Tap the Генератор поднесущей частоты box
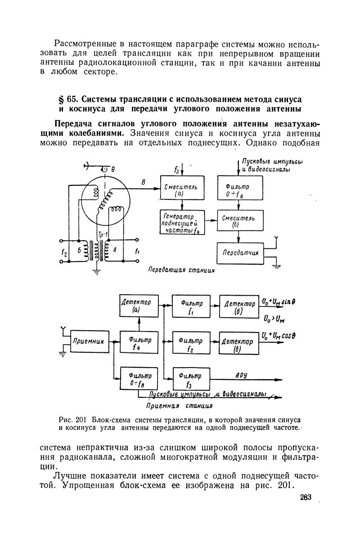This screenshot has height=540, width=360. [182, 221]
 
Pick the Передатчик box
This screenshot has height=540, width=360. [240, 253]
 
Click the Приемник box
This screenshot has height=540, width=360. [89, 342]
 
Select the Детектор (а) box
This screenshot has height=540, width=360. [139, 305]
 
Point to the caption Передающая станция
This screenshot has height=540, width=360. [181, 270]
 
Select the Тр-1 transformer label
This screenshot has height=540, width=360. [103, 236]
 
